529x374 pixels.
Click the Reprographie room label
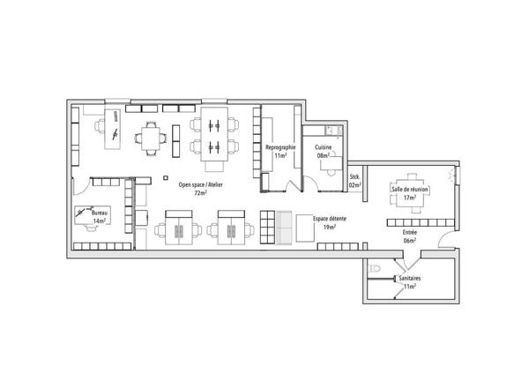tap(280, 147)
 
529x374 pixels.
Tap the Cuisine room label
tap(324, 147)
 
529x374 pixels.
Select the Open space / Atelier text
tap(200, 185)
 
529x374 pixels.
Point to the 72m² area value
tap(200, 193)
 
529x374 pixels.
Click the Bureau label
tap(99, 213)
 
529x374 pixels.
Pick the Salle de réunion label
tap(410, 190)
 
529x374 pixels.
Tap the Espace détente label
tap(329, 219)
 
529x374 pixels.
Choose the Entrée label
tap(410, 233)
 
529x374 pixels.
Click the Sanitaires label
tap(410, 279)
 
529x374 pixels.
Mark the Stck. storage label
tap(354, 177)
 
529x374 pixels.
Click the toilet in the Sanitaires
tap(374, 269)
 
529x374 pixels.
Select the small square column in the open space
tap(166, 178)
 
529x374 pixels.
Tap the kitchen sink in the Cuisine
tap(329, 130)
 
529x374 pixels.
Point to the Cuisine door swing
tap(312, 183)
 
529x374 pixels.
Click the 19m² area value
tap(329, 228)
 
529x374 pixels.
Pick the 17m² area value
tap(410, 198)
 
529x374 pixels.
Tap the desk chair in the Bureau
tap(91, 228)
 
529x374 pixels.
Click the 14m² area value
tap(99, 221)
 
